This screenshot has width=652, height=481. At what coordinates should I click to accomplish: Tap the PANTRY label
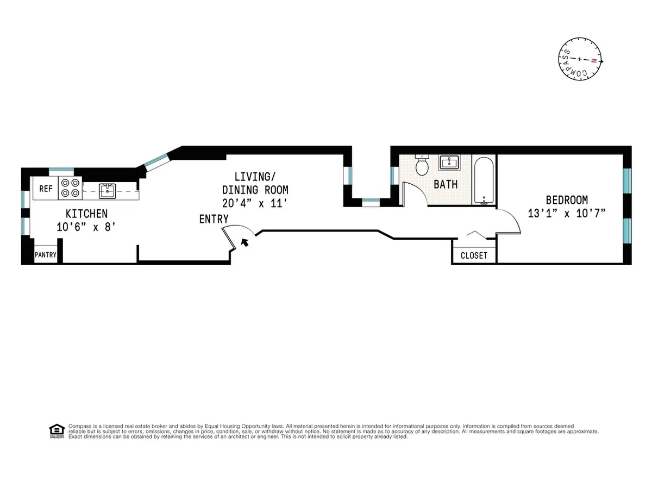(46, 255)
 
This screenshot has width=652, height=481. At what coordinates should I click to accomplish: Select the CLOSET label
(474, 255)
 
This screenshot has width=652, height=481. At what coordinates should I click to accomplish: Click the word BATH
(445, 184)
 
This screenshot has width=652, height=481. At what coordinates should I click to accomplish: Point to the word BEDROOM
(567, 200)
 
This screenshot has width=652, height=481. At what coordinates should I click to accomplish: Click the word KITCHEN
(86, 214)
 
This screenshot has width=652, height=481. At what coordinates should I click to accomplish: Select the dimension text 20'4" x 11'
(254, 203)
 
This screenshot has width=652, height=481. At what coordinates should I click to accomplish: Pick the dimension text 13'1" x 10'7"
(567, 214)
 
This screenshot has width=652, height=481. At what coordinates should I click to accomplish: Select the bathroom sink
(449, 163)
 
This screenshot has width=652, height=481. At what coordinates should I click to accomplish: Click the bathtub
(483, 180)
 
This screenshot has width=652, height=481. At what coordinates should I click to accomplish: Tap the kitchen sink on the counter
(108, 190)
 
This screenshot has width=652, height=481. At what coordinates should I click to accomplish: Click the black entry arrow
(246, 242)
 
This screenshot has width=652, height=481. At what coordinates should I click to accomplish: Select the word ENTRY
(214, 220)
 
